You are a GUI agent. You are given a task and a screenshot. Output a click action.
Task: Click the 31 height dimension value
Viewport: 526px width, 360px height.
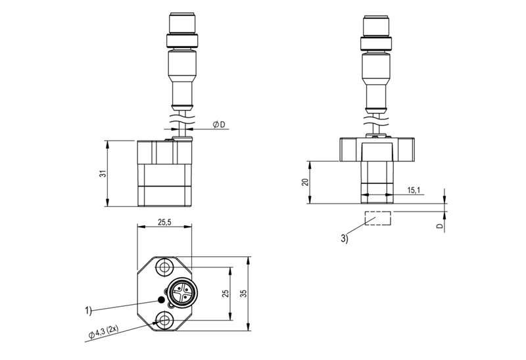pos(104,173)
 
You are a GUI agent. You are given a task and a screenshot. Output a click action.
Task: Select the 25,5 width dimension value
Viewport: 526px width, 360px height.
pos(164,222)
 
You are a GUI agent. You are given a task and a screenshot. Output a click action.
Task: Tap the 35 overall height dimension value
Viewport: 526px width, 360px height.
pos(244,293)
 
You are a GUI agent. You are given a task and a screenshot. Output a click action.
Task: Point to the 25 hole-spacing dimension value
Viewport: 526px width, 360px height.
pos(226,293)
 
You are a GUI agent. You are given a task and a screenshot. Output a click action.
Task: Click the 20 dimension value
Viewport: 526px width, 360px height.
pos(305,182)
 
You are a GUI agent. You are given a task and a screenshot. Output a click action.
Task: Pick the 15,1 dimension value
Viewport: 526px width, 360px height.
pos(414,191)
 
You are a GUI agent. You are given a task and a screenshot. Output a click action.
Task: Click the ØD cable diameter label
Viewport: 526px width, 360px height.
pos(219,125)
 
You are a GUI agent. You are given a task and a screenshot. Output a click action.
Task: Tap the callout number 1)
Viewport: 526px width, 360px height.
pos(88,311)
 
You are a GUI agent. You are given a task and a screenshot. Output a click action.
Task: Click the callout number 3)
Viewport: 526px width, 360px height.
pos(345,238)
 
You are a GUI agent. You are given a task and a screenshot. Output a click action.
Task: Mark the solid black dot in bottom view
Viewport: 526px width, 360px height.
pos(161,300)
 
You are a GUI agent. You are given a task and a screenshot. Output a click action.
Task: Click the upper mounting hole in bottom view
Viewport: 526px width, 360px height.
pos(164,267)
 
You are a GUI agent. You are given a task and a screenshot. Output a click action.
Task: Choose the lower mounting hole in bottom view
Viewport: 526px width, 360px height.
pos(164,320)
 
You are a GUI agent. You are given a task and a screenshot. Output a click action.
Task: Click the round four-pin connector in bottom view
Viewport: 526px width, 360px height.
pos(183,292)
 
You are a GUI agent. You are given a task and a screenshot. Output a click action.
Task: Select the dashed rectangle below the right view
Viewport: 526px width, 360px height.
pos(378,218)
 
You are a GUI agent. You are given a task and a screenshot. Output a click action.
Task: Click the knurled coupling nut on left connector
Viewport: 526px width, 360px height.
pos(182,41)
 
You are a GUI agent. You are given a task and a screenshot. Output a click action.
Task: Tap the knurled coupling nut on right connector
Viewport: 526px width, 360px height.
pos(376,43)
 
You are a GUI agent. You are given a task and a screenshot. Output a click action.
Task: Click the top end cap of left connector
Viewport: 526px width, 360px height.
pos(182,24)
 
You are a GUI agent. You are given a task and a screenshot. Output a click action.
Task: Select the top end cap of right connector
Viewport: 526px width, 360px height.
pos(376,26)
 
